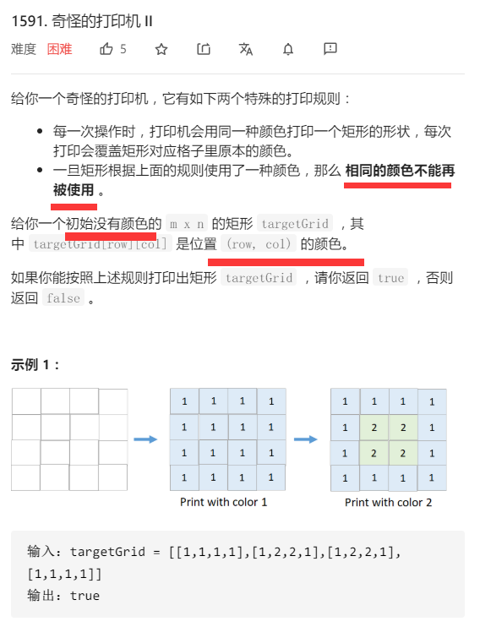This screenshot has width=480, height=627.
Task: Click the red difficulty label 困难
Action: pos(59,49)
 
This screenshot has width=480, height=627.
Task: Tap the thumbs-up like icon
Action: pos(106,49)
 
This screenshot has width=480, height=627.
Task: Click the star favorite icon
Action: pos(161,49)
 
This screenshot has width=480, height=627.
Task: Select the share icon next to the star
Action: pos(204,49)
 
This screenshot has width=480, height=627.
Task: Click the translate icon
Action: pos(246,49)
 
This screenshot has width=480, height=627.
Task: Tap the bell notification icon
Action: pos(288,49)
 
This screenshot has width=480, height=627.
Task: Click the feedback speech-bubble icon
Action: pos(330,49)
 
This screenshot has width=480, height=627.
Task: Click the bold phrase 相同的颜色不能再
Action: pos(400,170)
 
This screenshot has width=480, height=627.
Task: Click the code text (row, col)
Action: pos(260,244)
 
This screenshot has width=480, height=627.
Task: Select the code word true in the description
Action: pos(390,277)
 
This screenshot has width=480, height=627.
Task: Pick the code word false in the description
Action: pos(63,298)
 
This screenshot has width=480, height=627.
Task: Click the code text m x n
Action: pos(186,224)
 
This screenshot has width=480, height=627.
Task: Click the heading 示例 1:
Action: pos(35,364)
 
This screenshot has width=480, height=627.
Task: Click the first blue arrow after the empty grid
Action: pos(146,439)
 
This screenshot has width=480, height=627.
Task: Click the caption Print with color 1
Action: pos(224,502)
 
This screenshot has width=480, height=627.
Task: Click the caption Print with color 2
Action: pos(389,502)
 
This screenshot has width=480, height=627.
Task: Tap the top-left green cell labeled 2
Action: pos(374,428)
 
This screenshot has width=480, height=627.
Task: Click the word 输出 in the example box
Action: pos(41,596)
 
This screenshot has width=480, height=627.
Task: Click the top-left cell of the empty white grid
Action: pos(26,401)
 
